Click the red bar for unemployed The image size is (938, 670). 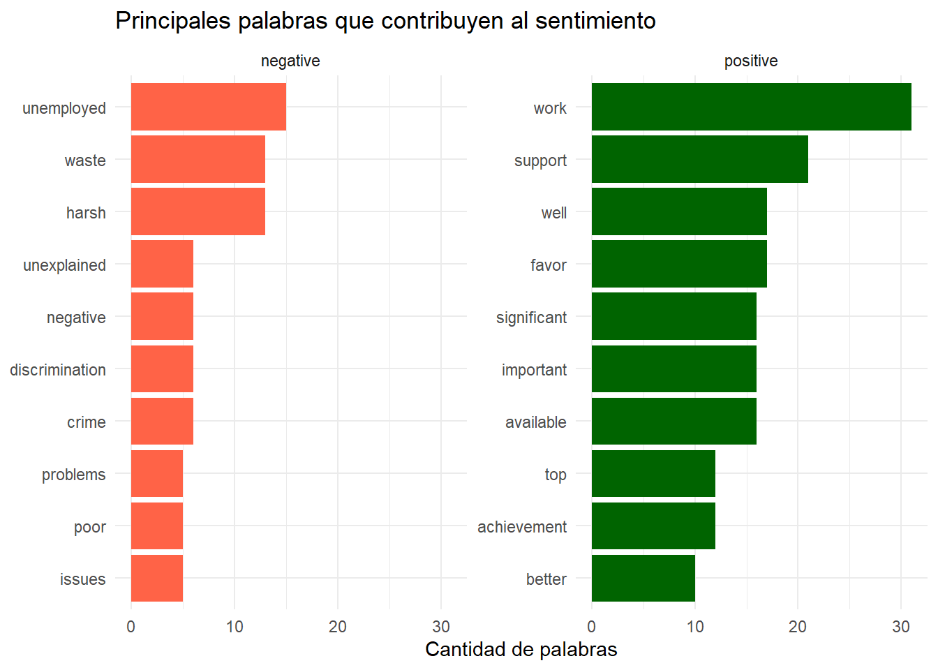pyautogui.click(x=208, y=107)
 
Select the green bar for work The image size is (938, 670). pyautogui.click(x=751, y=107)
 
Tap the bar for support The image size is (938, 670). pyautogui.click(x=699, y=159)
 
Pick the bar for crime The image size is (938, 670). pyautogui.click(x=162, y=421)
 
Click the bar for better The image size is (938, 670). pyautogui.click(x=643, y=578)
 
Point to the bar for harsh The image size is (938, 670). pyautogui.click(x=198, y=211)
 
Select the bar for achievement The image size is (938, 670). pyautogui.click(x=653, y=526)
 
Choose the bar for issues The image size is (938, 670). pyautogui.click(x=156, y=578)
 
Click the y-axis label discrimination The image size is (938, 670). pyautogui.click(x=58, y=370)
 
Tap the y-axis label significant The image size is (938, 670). pyautogui.click(x=531, y=318)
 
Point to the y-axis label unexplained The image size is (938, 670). pyautogui.click(x=64, y=265)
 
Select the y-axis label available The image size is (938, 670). pyautogui.click(x=535, y=422)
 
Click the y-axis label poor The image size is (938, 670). pyautogui.click(x=89, y=527)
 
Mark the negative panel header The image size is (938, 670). pyautogui.click(x=290, y=61)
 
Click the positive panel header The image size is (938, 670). pyautogui.click(x=751, y=61)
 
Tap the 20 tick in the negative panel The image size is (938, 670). pyautogui.click(x=338, y=626)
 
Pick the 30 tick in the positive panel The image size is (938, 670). pyautogui.click(x=901, y=626)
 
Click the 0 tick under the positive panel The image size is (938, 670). pyautogui.click(x=592, y=626)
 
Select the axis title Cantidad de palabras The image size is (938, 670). pyautogui.click(x=521, y=649)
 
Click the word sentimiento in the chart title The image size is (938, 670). pyautogui.click(x=595, y=21)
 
